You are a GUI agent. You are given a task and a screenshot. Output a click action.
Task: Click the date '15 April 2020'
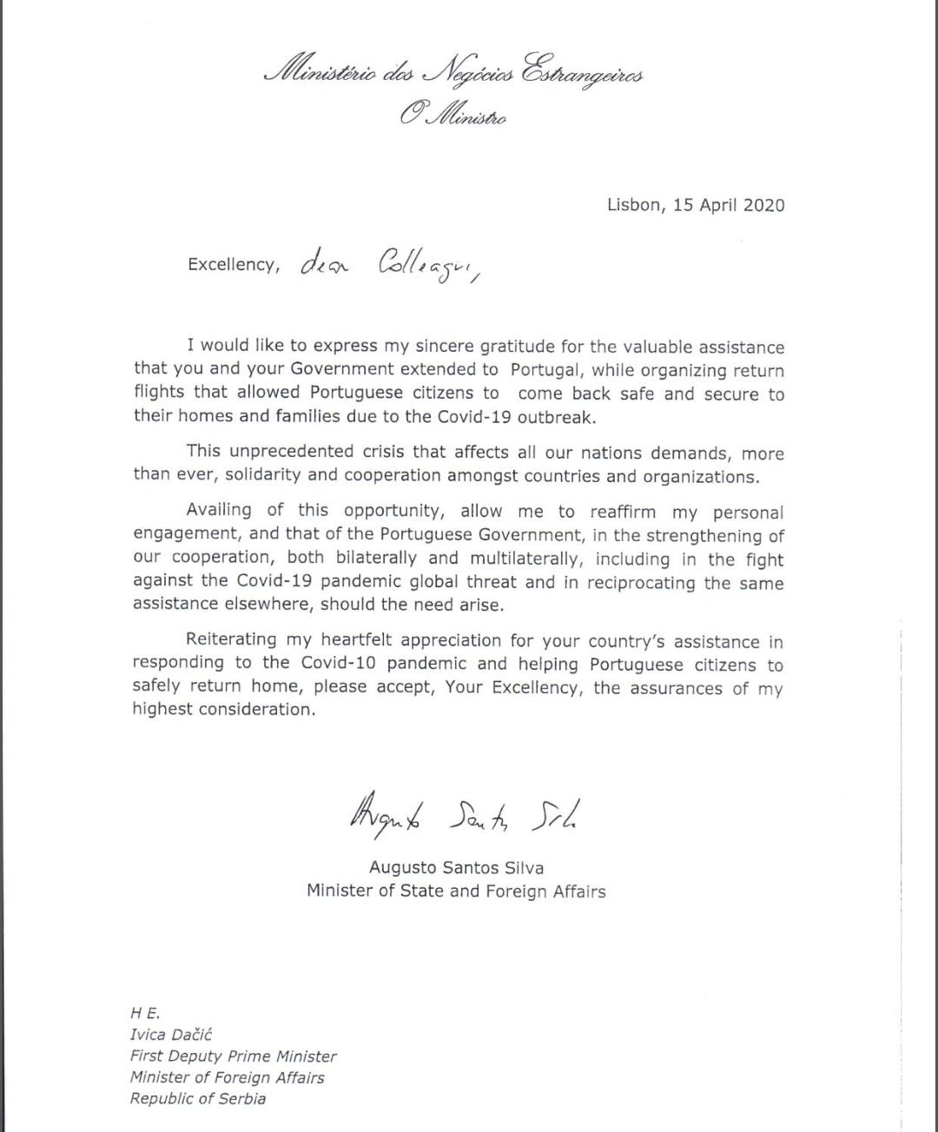pos(729,205)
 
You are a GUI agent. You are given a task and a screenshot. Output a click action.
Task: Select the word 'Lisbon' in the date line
pos(634,205)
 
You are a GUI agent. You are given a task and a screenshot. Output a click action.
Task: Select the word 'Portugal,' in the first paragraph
pos(546,370)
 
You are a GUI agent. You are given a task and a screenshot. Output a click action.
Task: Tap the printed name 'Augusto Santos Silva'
pos(456,867)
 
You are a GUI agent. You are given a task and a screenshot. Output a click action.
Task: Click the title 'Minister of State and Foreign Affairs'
pos(456,890)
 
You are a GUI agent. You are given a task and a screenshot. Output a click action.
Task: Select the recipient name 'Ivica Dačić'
pos(171,1035)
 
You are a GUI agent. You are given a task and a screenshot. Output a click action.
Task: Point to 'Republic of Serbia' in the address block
pos(198,1098)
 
